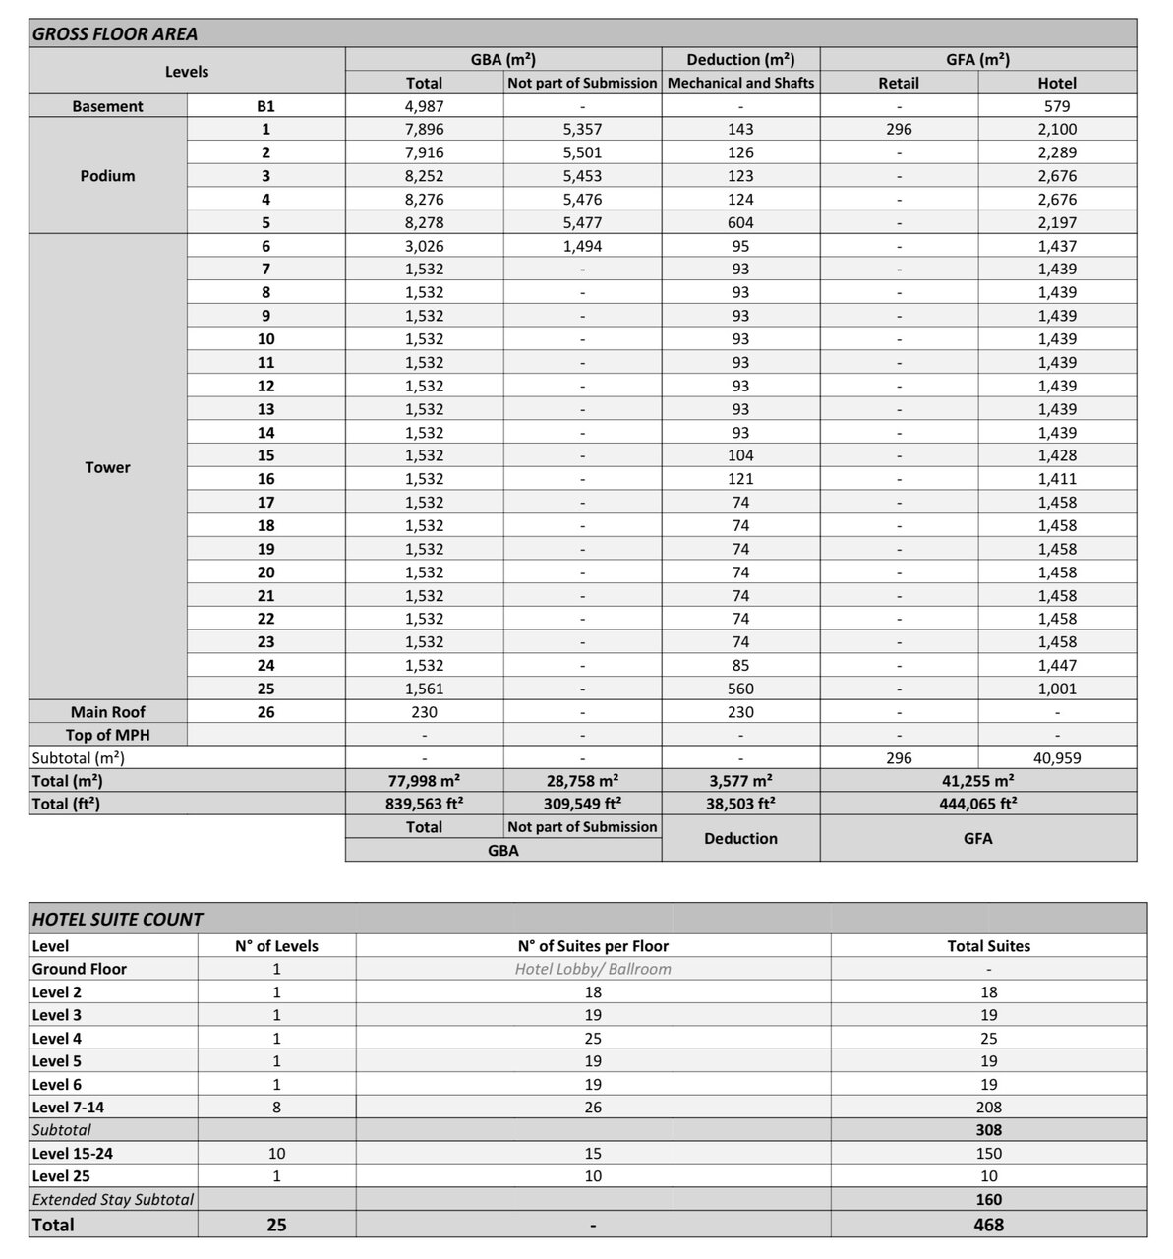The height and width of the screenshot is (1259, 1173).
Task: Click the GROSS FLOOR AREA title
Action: [x=115, y=33]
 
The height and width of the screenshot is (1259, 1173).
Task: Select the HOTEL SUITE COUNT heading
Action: [x=118, y=919]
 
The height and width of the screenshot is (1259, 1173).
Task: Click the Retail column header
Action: [x=899, y=83]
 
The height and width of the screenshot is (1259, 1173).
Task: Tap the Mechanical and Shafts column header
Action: [x=740, y=83]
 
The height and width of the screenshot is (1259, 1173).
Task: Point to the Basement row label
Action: [x=107, y=106]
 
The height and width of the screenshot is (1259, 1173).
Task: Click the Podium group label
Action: [x=107, y=176]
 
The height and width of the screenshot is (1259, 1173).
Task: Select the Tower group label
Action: [x=107, y=467]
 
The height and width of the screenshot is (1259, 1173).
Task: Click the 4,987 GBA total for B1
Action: [x=424, y=106]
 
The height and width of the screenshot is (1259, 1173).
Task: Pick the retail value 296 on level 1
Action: [x=899, y=129]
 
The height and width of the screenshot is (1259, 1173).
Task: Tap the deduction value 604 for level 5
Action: [x=740, y=222]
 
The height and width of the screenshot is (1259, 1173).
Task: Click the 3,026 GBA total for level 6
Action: [x=424, y=246]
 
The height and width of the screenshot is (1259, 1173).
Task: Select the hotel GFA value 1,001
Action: [x=1057, y=689]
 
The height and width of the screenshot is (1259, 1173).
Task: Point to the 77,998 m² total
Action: [x=424, y=780]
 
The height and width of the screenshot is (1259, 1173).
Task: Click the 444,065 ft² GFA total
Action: [x=977, y=803]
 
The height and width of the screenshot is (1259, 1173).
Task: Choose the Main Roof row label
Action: [x=107, y=712]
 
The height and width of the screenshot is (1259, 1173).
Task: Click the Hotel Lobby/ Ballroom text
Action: [x=593, y=969]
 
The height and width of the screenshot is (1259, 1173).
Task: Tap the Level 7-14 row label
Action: [x=68, y=1108]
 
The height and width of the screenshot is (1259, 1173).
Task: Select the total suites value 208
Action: [x=988, y=1108]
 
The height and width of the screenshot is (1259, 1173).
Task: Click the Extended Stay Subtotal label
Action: [x=113, y=1199]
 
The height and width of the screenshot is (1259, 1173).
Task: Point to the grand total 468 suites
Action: [x=988, y=1225]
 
